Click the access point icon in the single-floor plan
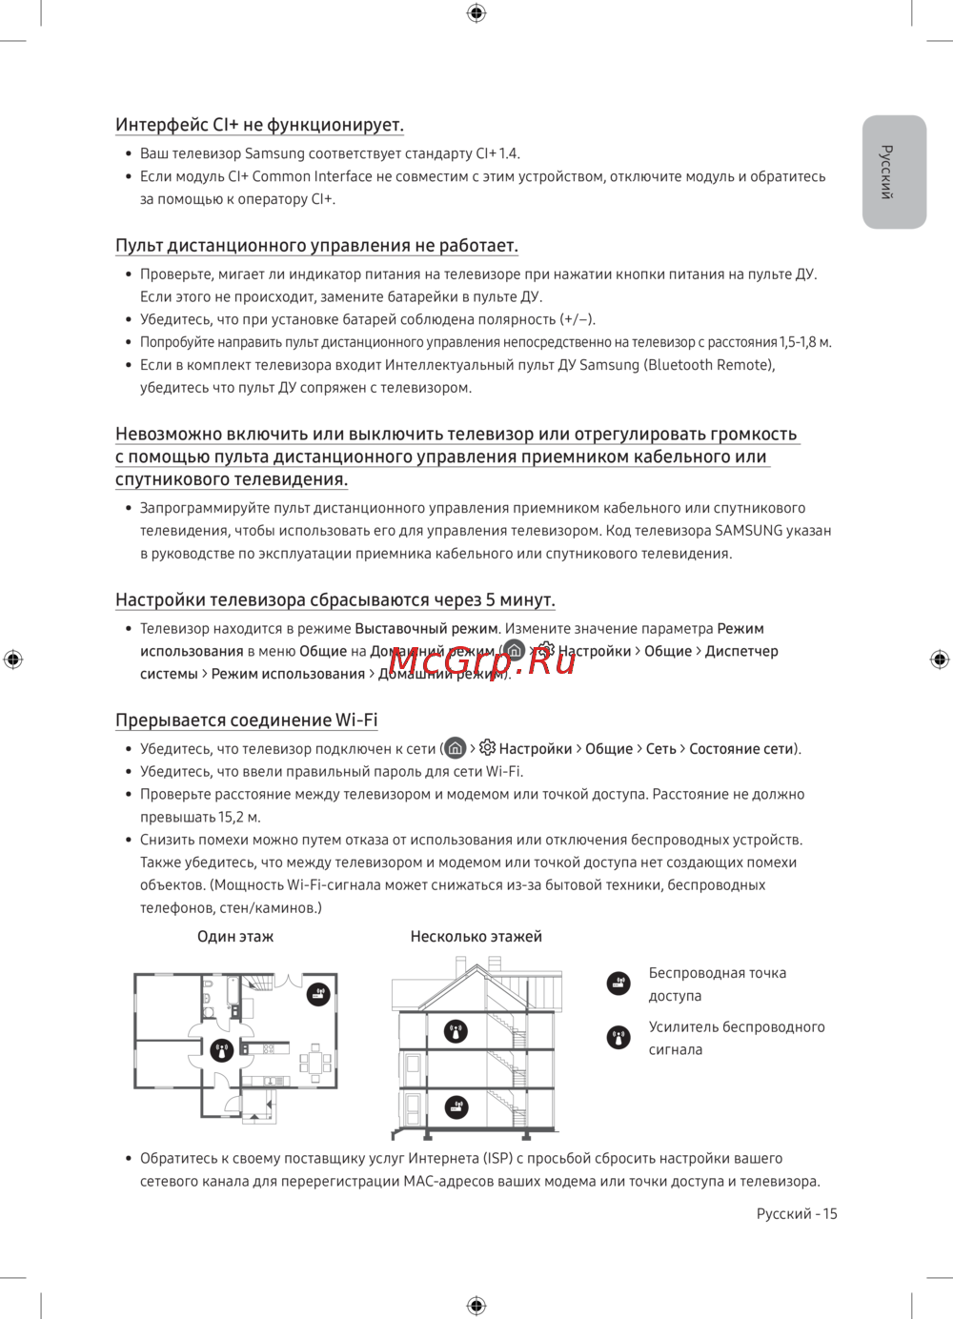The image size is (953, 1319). [x=318, y=994]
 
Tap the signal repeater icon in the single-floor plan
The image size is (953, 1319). [x=222, y=1050]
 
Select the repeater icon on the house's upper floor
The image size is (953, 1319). [x=456, y=1030]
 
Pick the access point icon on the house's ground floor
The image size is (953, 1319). [x=456, y=1106]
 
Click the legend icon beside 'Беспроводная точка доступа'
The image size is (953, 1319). [x=618, y=983]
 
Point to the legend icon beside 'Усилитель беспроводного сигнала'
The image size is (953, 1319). [x=618, y=1037]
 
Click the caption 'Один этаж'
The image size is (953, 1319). [x=235, y=937]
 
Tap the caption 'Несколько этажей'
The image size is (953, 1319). [x=476, y=937]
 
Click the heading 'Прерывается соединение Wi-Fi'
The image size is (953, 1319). [x=247, y=720]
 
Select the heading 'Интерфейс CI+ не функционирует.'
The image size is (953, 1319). [x=259, y=125]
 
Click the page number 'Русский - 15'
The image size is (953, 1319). [x=797, y=1213]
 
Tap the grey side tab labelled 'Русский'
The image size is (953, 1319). [x=894, y=172]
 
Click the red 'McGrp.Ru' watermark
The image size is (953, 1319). [x=482, y=660]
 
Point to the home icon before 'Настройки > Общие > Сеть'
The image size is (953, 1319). [x=456, y=748]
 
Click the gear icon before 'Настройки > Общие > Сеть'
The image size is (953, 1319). [x=487, y=748]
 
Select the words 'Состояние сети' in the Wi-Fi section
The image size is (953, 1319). [x=741, y=749]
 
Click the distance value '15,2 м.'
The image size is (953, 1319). [x=239, y=817]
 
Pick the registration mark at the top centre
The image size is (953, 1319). [x=476, y=12]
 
